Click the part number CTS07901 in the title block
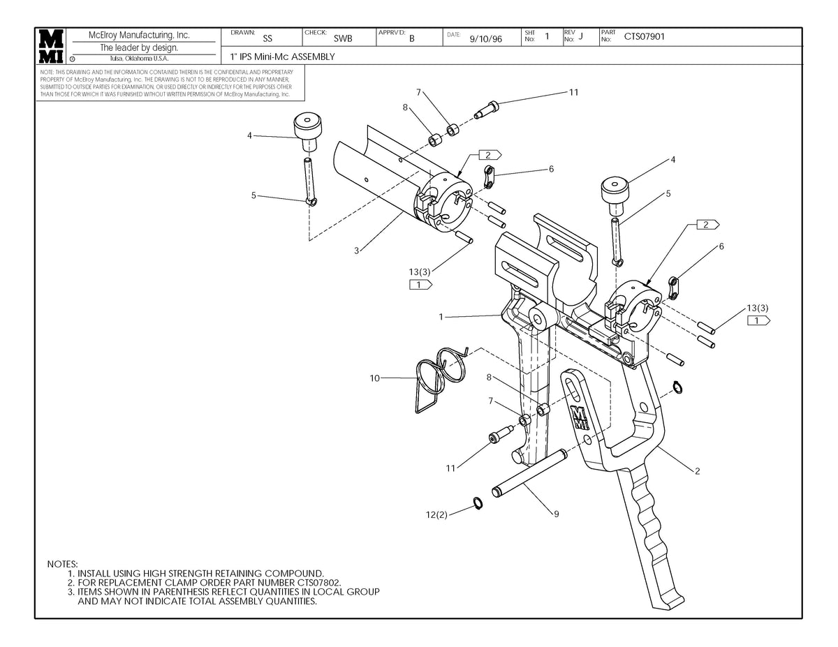[644, 37]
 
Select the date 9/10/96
[486, 39]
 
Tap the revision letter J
[580, 37]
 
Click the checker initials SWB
[342, 39]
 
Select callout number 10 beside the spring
[375, 378]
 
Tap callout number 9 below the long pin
[556, 514]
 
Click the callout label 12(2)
[436, 514]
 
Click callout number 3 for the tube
[356, 251]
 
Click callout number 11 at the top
[573, 92]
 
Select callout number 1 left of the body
[441, 317]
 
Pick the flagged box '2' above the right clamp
[706, 224]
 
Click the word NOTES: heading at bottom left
[62, 563]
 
